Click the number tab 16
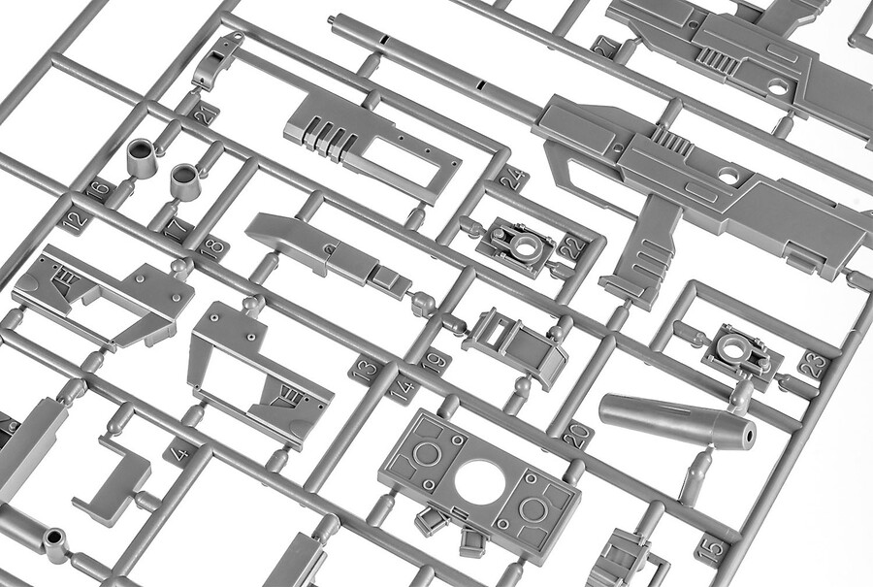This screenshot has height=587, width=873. tap(99, 189)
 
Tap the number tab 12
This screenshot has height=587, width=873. tap(76, 219)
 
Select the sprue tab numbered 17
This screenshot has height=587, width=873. tap(175, 229)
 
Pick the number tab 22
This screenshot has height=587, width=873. tap(573, 247)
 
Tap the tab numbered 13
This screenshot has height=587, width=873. tap(366, 370)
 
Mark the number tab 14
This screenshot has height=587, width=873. tap(403, 390)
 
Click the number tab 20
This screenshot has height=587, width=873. tap(577, 436)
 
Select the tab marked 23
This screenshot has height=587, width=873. tap(813, 365)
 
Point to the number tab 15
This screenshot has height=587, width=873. tap(712, 550)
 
